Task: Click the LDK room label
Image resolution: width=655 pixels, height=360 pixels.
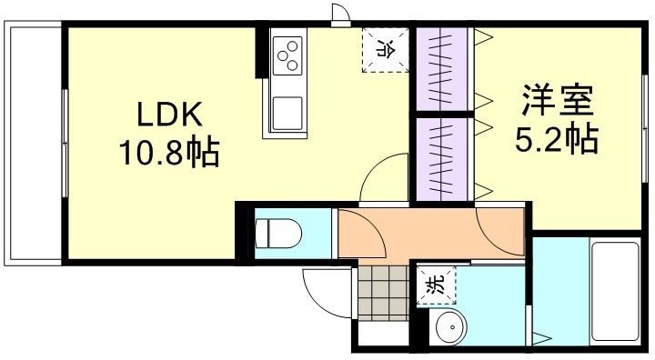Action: (x=170, y=114)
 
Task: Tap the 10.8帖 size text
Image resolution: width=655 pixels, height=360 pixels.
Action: (x=169, y=152)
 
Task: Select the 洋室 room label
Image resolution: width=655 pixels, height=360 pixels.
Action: (x=558, y=100)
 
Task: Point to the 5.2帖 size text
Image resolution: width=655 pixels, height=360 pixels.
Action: (x=557, y=139)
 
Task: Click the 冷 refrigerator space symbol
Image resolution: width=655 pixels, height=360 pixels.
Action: (x=385, y=50)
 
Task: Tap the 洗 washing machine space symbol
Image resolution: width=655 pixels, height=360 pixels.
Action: (x=436, y=285)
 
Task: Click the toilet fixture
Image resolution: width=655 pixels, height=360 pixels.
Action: (x=278, y=233)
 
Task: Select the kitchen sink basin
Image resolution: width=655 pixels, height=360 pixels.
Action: (x=287, y=113)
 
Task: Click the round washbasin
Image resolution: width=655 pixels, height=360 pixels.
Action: (x=450, y=328)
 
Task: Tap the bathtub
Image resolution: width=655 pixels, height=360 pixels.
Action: (x=615, y=291)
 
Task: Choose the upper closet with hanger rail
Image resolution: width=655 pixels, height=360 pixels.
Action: (x=442, y=69)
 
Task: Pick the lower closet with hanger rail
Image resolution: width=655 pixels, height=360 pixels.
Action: (x=442, y=159)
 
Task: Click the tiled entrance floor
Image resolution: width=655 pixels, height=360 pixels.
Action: (x=383, y=293)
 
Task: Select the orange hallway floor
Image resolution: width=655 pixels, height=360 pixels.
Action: (x=430, y=233)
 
